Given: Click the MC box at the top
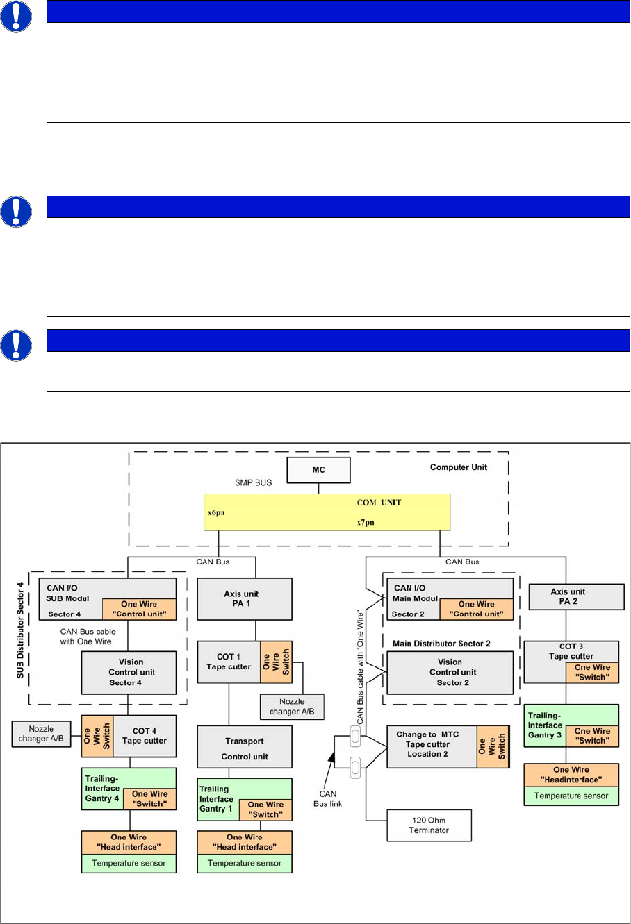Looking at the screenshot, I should pyautogui.click(x=318, y=470).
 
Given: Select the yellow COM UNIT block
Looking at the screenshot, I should pyautogui.click(x=327, y=512).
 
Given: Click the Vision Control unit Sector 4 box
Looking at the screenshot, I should pyautogui.click(x=129, y=672).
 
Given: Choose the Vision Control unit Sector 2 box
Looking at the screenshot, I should pyautogui.click(x=450, y=672).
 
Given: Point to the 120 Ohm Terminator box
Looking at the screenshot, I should pyautogui.click(x=429, y=825).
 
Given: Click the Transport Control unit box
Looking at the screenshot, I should pyautogui.click(x=245, y=747).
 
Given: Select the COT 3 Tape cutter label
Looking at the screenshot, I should pyautogui.click(x=571, y=651).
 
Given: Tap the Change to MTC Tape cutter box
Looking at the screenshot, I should pyautogui.click(x=431, y=745).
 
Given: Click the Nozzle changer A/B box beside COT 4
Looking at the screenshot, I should pyautogui.click(x=41, y=734).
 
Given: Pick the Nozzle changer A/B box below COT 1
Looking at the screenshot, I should pyautogui.click(x=292, y=707).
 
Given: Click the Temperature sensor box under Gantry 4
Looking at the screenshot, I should pyautogui.click(x=129, y=864).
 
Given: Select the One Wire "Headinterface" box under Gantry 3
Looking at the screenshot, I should pyautogui.click(x=571, y=775).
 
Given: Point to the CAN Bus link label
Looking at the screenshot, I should pyautogui.click(x=327, y=798).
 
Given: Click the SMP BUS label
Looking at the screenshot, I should pyautogui.click(x=253, y=482).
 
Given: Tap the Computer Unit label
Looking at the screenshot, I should pyautogui.click(x=459, y=467).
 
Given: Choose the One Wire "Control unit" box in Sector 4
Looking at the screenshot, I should pyautogui.click(x=139, y=609).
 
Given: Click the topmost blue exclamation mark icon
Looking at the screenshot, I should pyautogui.click(x=15, y=15).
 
